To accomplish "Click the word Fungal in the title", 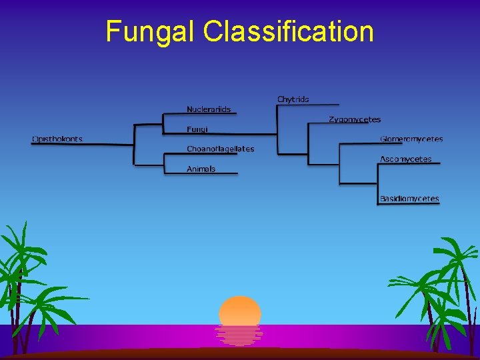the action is (151, 31).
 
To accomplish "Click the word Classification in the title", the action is (289, 31).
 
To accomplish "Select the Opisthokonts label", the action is (57, 139).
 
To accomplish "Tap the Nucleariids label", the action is (209, 109).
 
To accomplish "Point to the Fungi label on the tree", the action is (197, 129).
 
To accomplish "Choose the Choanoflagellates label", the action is (220, 149).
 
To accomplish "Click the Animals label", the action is (201, 169).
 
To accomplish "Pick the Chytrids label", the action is (293, 99).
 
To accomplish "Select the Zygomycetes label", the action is (354, 119).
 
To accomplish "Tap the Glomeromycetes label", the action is (411, 139).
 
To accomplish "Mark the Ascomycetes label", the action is (405, 159).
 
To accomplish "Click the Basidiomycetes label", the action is (409, 199).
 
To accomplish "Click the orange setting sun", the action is (240, 311).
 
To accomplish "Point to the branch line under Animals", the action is (201, 174).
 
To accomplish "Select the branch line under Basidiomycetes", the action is (409, 204).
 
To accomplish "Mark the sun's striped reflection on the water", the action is (239, 334).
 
